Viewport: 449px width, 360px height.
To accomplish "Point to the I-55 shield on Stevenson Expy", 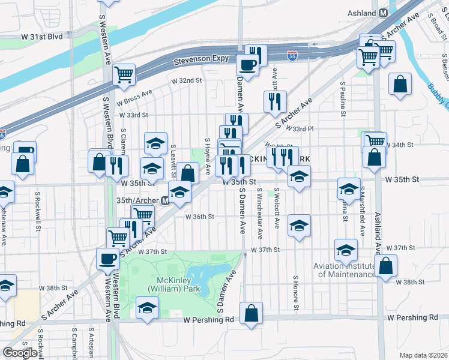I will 292,56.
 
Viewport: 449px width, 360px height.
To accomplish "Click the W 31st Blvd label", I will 42,37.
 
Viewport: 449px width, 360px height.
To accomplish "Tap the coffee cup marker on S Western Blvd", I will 107,259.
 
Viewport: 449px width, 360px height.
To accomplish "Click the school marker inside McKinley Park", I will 146,308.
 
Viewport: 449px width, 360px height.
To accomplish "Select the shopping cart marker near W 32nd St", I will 124,74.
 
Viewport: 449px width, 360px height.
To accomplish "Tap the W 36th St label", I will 199,217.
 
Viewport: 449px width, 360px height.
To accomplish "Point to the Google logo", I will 20,353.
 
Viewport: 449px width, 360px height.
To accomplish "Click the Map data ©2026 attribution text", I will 423,355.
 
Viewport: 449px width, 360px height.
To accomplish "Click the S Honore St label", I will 296,293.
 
